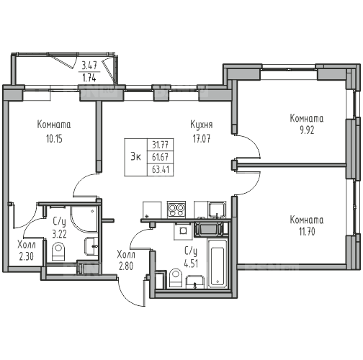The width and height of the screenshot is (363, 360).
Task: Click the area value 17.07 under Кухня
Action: point(202,139)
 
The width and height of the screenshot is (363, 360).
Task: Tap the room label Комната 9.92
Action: point(307,124)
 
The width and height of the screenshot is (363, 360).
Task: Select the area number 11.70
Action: point(307,232)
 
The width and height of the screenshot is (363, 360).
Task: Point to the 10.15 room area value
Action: point(54,139)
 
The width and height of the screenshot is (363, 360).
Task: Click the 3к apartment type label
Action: point(135,157)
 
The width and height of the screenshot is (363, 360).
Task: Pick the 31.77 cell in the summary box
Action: point(161,145)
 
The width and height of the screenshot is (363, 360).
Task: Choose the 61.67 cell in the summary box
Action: point(161,157)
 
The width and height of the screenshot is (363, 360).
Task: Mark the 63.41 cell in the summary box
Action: point(161,169)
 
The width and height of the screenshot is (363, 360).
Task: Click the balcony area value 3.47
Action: point(89,66)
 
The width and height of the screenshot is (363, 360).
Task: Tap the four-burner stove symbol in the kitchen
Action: point(176,210)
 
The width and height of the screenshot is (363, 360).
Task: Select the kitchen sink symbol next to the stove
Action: point(217,210)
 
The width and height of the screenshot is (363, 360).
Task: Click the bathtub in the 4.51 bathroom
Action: point(218,264)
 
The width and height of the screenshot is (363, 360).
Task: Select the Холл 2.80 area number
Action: point(126,266)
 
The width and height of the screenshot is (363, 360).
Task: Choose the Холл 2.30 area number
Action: point(26,257)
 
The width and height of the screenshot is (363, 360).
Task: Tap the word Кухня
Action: point(202,125)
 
